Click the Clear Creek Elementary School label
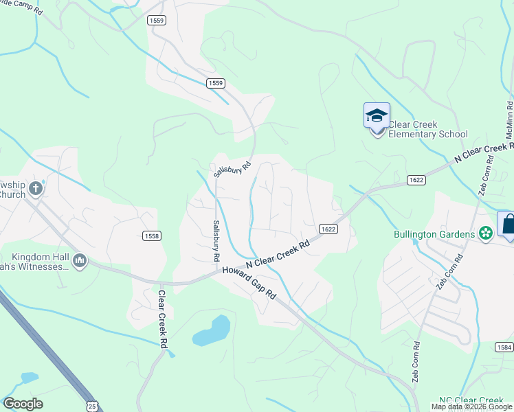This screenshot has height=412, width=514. pos(427,129)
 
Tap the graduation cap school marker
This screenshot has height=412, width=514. pos(377,115)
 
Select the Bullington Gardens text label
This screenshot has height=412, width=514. pos(435,234)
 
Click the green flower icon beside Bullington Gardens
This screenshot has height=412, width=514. pos(485,233)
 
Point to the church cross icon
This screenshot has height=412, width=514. pos(36,188)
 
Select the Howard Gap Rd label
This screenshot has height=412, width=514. pos(249,282)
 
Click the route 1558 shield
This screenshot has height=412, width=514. pos(152,236)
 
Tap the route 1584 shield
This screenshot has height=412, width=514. pos(504,347)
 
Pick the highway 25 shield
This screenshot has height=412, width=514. pos(92,407)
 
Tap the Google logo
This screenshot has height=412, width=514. pos(23,404)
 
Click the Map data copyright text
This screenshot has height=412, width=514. pos(471,407)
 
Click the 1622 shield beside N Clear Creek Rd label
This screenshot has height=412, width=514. pos(327,229)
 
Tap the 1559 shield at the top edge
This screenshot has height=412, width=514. pos(156,21)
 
